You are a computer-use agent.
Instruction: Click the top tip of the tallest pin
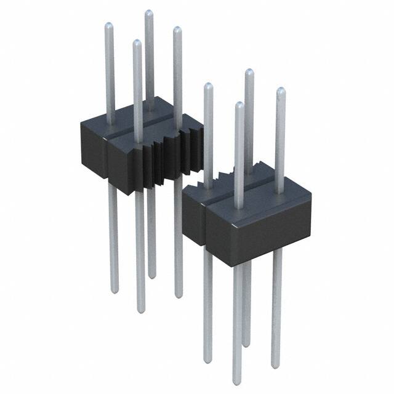pos(148,13)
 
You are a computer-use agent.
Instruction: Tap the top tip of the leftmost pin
pos(108,26)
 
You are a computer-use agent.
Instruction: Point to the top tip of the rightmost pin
pos(281,91)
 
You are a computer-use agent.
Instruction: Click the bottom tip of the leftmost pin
pos(114,289)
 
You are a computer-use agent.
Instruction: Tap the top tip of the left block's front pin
pos(137,43)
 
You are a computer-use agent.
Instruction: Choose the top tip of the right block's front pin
pos(239,105)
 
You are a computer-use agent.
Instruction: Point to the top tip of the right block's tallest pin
pos(248,72)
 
